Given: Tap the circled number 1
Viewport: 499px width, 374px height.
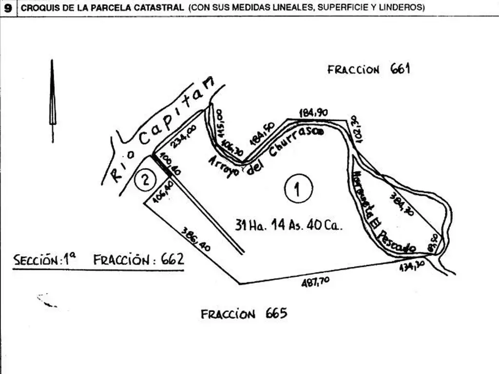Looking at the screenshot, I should point(298,187).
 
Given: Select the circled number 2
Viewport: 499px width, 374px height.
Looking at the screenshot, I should point(145,180).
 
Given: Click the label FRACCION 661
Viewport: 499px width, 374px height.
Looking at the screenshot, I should point(368,69).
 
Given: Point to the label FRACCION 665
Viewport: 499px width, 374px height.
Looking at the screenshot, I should point(244,314).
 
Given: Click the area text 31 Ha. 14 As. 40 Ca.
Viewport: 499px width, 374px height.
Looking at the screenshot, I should point(289,225).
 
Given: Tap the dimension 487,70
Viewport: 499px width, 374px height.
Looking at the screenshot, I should point(314,281).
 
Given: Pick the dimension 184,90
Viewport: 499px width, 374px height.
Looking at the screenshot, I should point(313,113).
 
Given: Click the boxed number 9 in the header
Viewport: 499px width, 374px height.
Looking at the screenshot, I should point(8,8).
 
